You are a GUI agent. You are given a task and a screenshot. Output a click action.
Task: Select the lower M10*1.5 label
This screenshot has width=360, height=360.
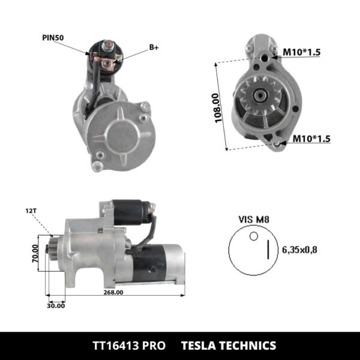311,139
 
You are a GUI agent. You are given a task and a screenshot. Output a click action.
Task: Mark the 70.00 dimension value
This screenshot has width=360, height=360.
35,253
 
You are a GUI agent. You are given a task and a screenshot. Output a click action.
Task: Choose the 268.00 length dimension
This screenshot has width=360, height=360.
112,293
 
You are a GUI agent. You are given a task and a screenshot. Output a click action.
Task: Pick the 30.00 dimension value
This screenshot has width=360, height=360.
56,305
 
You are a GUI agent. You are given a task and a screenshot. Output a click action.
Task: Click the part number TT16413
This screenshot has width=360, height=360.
118,346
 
